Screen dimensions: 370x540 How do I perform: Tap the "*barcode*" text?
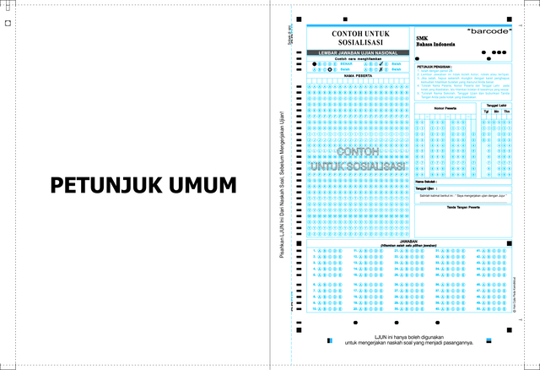point(489,30)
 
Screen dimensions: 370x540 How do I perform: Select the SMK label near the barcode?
point(422,38)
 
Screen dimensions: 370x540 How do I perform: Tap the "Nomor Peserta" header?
point(445,109)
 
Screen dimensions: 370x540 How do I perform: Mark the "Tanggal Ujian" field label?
point(427,188)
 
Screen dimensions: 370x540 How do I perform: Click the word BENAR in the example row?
point(348,63)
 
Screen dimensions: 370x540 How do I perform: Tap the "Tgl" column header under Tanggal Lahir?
point(486,111)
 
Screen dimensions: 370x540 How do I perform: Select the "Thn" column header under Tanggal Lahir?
point(506,111)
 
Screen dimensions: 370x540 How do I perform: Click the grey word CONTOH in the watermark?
point(358,151)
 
